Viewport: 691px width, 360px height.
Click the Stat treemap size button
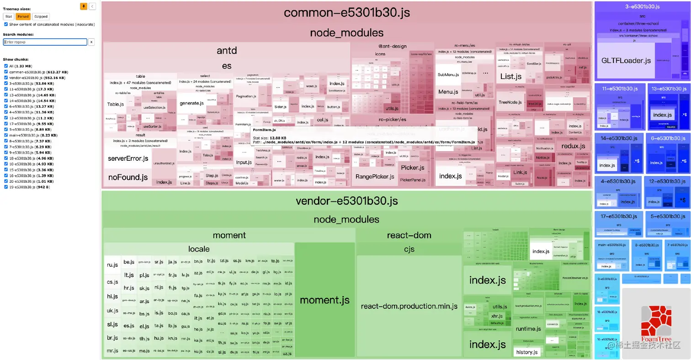pos(9,16)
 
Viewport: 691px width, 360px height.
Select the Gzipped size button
pos(41,16)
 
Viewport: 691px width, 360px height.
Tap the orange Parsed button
pos(23,16)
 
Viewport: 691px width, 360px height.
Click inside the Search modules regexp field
pos(45,42)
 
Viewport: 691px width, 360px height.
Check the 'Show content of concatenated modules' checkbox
pos(5,24)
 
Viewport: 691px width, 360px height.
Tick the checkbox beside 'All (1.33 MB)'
pos(5,66)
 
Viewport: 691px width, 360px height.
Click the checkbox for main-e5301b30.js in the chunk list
pos(5,135)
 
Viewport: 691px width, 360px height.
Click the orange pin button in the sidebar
pos(84,6)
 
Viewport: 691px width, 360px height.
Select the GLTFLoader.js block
pos(626,60)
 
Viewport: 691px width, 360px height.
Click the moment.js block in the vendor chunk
pos(324,300)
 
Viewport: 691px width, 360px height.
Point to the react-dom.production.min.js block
pos(409,306)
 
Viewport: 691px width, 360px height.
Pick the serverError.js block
pos(128,159)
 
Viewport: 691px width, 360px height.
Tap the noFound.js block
pos(128,177)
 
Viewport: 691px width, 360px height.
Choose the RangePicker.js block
pos(375,177)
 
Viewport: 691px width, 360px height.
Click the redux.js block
pos(573,146)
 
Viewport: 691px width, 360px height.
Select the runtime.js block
pos(528,329)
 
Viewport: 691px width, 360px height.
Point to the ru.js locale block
pos(112,265)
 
